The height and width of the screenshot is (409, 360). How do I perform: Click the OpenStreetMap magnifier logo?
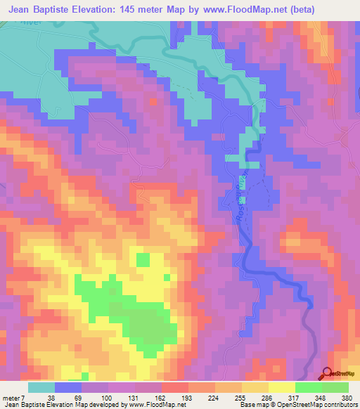tap(328, 374)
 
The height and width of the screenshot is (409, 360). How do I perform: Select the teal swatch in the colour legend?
tap(41, 387)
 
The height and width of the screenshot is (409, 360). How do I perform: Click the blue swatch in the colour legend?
tap(69, 387)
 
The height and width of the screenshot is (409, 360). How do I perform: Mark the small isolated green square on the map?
tap(143, 260)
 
